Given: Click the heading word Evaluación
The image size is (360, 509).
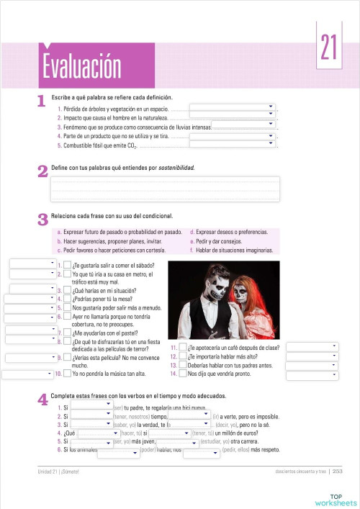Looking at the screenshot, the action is click(x=81, y=67).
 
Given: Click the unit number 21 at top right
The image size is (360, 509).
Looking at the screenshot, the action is click(x=329, y=49).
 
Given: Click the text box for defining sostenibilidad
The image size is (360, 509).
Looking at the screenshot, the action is click(x=165, y=189).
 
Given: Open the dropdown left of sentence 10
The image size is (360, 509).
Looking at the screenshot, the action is click(x=27, y=374).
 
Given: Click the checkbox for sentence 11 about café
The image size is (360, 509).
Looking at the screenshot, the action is click(x=182, y=348).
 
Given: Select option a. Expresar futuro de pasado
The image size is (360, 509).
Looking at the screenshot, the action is click(x=119, y=233).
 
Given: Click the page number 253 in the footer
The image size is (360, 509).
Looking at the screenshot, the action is click(x=336, y=472).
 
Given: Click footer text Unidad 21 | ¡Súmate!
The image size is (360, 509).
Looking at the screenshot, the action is click(x=61, y=472).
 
